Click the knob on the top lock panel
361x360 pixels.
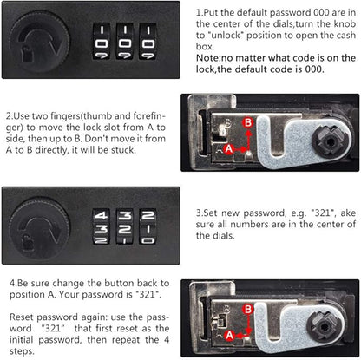[x=40, y=42]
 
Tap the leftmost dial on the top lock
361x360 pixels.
[x=101, y=42]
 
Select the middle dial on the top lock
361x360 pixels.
[x=125, y=42]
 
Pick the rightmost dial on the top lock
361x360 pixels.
[x=148, y=42]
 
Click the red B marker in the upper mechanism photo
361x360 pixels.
[x=248, y=122]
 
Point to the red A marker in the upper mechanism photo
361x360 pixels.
[x=229, y=149]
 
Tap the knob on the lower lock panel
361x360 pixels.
[x=40, y=227]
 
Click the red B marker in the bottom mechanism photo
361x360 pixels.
[x=248, y=310]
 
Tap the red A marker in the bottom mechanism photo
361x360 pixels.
[x=230, y=336]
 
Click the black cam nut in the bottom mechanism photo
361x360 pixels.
[x=325, y=327]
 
